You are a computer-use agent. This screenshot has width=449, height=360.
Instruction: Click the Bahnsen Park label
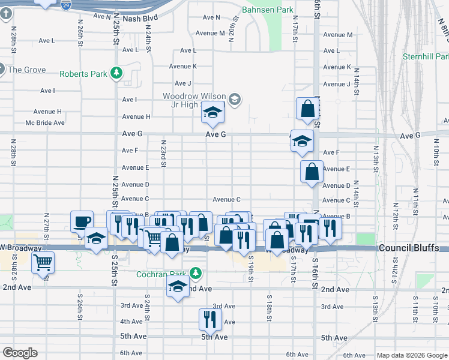point(267,10)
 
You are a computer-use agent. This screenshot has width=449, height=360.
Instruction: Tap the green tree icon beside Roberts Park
point(117,74)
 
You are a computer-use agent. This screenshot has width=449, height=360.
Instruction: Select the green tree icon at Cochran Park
point(194,274)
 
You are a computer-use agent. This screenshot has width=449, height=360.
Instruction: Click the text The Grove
point(26,70)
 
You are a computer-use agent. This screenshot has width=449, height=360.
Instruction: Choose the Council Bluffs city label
point(412,248)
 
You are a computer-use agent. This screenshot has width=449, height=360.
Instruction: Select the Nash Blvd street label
point(139,19)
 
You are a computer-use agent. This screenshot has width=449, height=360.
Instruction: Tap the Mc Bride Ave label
point(44,122)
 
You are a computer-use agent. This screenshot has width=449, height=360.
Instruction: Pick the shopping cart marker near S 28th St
point(43,262)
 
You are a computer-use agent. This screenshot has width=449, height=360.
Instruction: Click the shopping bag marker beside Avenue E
point(312,172)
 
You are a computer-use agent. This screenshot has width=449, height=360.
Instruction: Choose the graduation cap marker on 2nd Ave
point(178,287)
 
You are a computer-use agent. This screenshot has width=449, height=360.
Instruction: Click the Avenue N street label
point(211,17)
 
